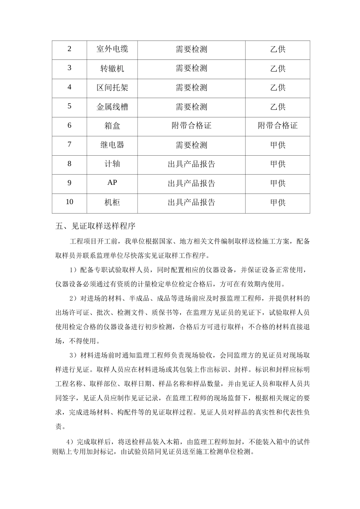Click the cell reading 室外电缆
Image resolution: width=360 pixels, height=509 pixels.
(112, 49)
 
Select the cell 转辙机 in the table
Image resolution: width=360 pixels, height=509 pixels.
(112, 69)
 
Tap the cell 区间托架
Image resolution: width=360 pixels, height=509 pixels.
(112, 88)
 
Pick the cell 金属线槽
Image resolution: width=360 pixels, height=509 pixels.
(112, 107)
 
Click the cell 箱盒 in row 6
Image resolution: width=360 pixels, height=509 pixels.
(112, 126)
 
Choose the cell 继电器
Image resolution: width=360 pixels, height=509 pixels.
(112, 145)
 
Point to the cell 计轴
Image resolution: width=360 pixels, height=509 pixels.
(112, 164)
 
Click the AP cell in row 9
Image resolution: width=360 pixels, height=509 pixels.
(112, 183)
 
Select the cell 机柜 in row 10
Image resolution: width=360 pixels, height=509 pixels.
(112, 203)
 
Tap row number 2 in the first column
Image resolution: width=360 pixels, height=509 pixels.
(69, 49)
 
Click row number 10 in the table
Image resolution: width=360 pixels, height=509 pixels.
(69, 202)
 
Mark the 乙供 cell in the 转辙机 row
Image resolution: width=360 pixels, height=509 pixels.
(278, 69)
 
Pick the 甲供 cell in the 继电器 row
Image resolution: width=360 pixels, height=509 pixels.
(278, 145)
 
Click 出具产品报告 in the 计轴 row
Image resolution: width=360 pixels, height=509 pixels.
(191, 164)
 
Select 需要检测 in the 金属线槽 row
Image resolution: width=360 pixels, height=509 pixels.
(191, 107)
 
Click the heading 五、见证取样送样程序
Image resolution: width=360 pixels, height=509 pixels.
(95, 226)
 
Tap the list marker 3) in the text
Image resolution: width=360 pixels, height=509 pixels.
(74, 355)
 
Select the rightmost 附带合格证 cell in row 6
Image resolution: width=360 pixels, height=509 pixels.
(278, 126)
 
